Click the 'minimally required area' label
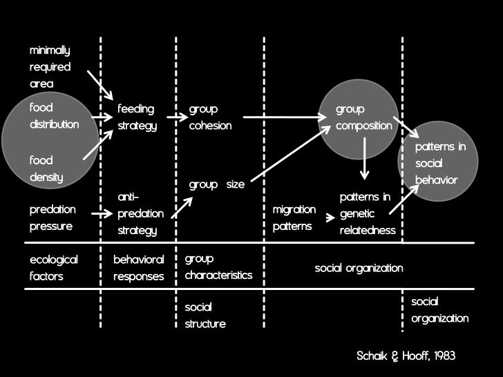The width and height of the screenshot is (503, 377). [x=50, y=67]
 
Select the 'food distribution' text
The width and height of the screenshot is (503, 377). [x=54, y=117]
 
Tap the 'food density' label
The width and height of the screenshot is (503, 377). [x=46, y=168]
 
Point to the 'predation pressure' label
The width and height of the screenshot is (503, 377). [x=53, y=217]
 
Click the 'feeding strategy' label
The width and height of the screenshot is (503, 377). [x=137, y=117]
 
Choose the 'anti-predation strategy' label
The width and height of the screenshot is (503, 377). [x=140, y=214]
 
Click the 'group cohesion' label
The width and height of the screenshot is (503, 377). [x=211, y=117]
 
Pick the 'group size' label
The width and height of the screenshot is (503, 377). [x=216, y=185]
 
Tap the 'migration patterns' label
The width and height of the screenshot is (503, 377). [x=294, y=217]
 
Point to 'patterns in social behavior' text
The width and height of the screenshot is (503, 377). [x=440, y=164]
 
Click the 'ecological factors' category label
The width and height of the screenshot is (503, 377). [x=53, y=268]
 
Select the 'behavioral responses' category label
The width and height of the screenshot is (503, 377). [x=139, y=268]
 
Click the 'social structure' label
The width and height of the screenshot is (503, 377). [x=205, y=315]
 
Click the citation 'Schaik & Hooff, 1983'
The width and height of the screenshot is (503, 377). [x=406, y=356]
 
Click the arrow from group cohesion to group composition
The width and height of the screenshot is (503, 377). [x=285, y=117]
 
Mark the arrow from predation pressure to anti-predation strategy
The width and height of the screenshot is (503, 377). [x=101, y=214]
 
